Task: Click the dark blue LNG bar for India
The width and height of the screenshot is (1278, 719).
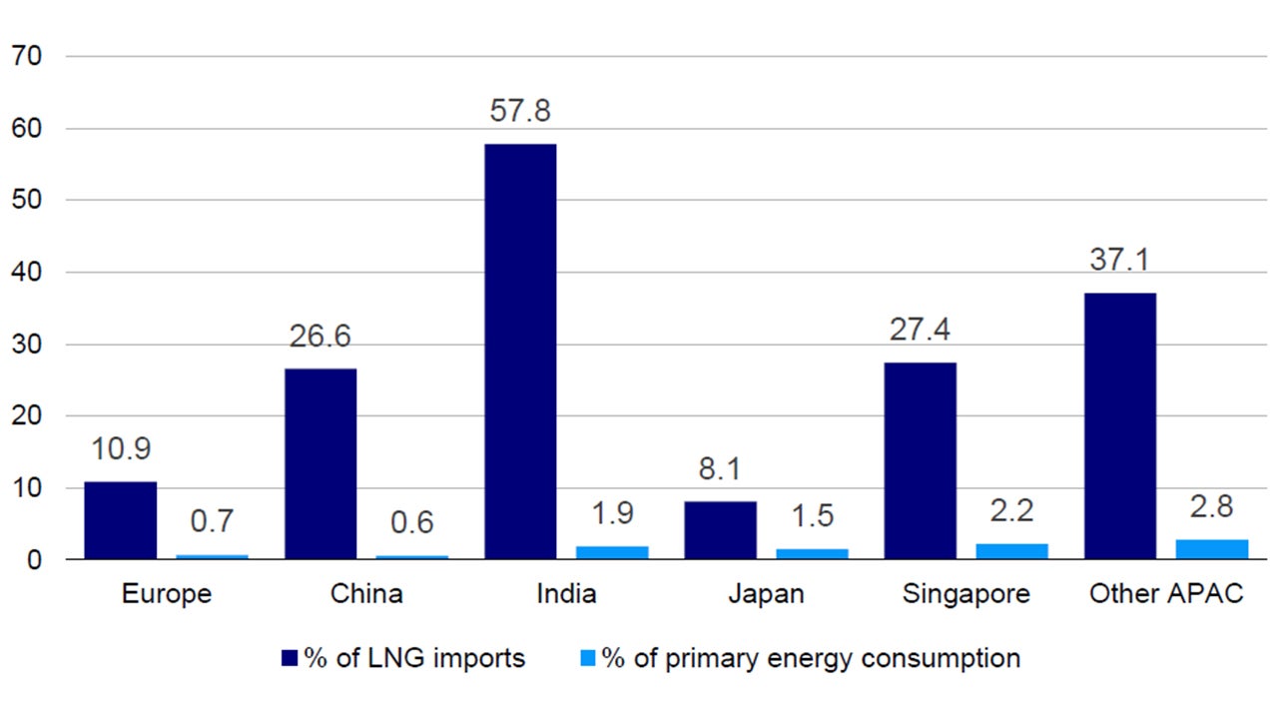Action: [520, 352]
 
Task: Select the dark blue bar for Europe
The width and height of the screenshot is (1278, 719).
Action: [120, 520]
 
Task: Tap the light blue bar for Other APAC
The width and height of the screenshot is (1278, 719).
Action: [1212, 549]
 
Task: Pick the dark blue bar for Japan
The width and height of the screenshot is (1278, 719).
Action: [720, 530]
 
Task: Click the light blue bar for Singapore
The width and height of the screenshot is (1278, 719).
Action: [1011, 551]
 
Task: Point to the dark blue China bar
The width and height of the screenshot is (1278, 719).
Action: [320, 463]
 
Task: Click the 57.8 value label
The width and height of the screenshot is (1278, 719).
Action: [520, 111]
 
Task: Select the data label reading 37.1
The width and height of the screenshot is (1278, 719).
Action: [1119, 260]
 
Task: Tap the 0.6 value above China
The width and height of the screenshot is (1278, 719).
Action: [412, 522]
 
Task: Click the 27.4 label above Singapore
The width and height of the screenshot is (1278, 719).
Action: [920, 330]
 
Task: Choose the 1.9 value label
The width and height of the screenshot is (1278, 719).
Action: [612, 512]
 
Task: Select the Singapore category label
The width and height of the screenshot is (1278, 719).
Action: [965, 594]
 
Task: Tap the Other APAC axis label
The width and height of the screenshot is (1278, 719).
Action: [1165, 594]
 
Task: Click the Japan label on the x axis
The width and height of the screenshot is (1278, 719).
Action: [766, 594]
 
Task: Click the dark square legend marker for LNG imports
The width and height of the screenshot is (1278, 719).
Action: [291, 658]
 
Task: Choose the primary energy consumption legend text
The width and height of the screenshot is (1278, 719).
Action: [810, 659]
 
